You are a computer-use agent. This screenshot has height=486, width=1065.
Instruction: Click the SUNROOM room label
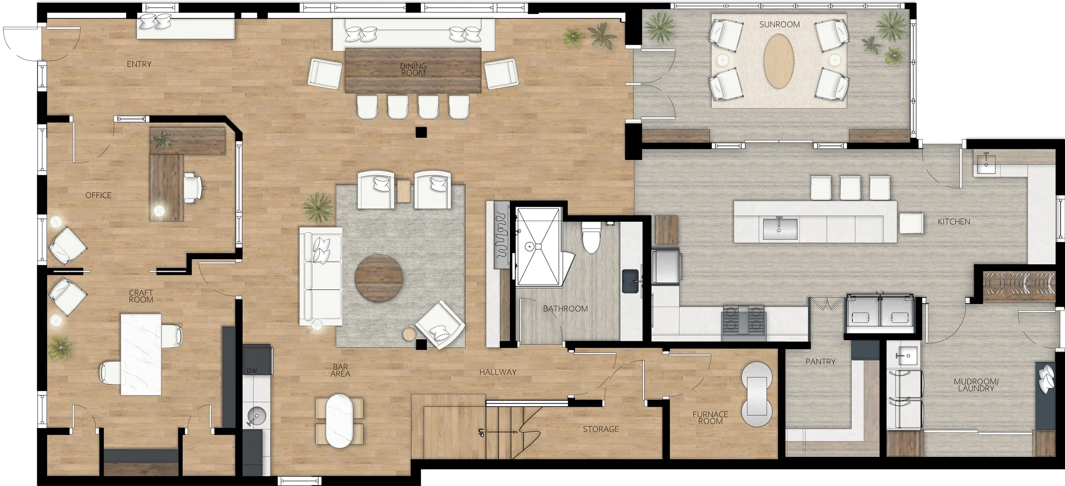[780, 25]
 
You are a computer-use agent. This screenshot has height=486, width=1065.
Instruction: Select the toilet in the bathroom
[591, 238]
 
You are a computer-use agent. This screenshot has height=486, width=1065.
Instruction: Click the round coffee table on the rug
[379, 278]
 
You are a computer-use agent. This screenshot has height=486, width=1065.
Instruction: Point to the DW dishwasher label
[252, 370]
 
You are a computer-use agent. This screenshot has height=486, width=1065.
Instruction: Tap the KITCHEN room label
[954, 222]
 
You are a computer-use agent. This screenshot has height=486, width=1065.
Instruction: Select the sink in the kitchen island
[779, 229]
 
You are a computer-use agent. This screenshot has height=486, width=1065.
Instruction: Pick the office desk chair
[193, 188]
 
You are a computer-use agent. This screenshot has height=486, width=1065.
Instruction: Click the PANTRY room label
[820, 362]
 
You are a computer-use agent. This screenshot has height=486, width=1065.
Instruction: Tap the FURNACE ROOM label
[710, 417]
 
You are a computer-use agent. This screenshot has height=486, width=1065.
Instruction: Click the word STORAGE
[601, 429]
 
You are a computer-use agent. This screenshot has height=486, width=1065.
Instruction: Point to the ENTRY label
[139, 64]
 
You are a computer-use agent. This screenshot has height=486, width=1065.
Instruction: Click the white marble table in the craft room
[141, 354]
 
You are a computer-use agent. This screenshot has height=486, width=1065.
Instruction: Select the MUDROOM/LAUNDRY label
[976, 385]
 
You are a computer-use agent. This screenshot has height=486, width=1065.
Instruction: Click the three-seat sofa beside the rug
[320, 279]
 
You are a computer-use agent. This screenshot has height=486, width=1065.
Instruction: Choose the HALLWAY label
[498, 372]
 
